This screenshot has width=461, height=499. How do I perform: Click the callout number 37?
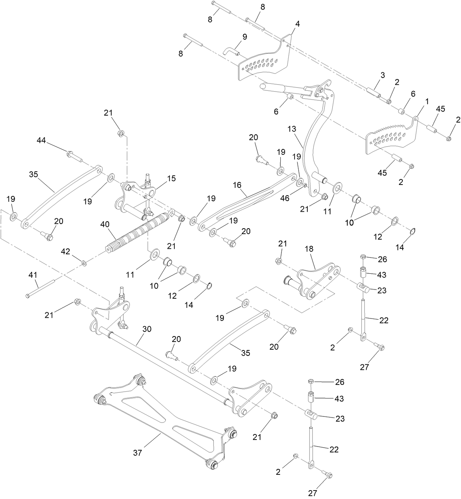click(137, 453)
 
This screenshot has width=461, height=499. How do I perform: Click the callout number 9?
click(244, 37)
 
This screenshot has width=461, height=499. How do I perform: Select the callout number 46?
click(284, 198)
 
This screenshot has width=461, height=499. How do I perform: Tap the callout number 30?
click(147, 329)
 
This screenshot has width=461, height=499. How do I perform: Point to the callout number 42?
click(65, 251)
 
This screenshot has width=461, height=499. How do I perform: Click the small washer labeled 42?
click(84, 263)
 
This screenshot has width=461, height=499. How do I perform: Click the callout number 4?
click(297, 24)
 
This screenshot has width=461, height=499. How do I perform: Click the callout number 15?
click(171, 178)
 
